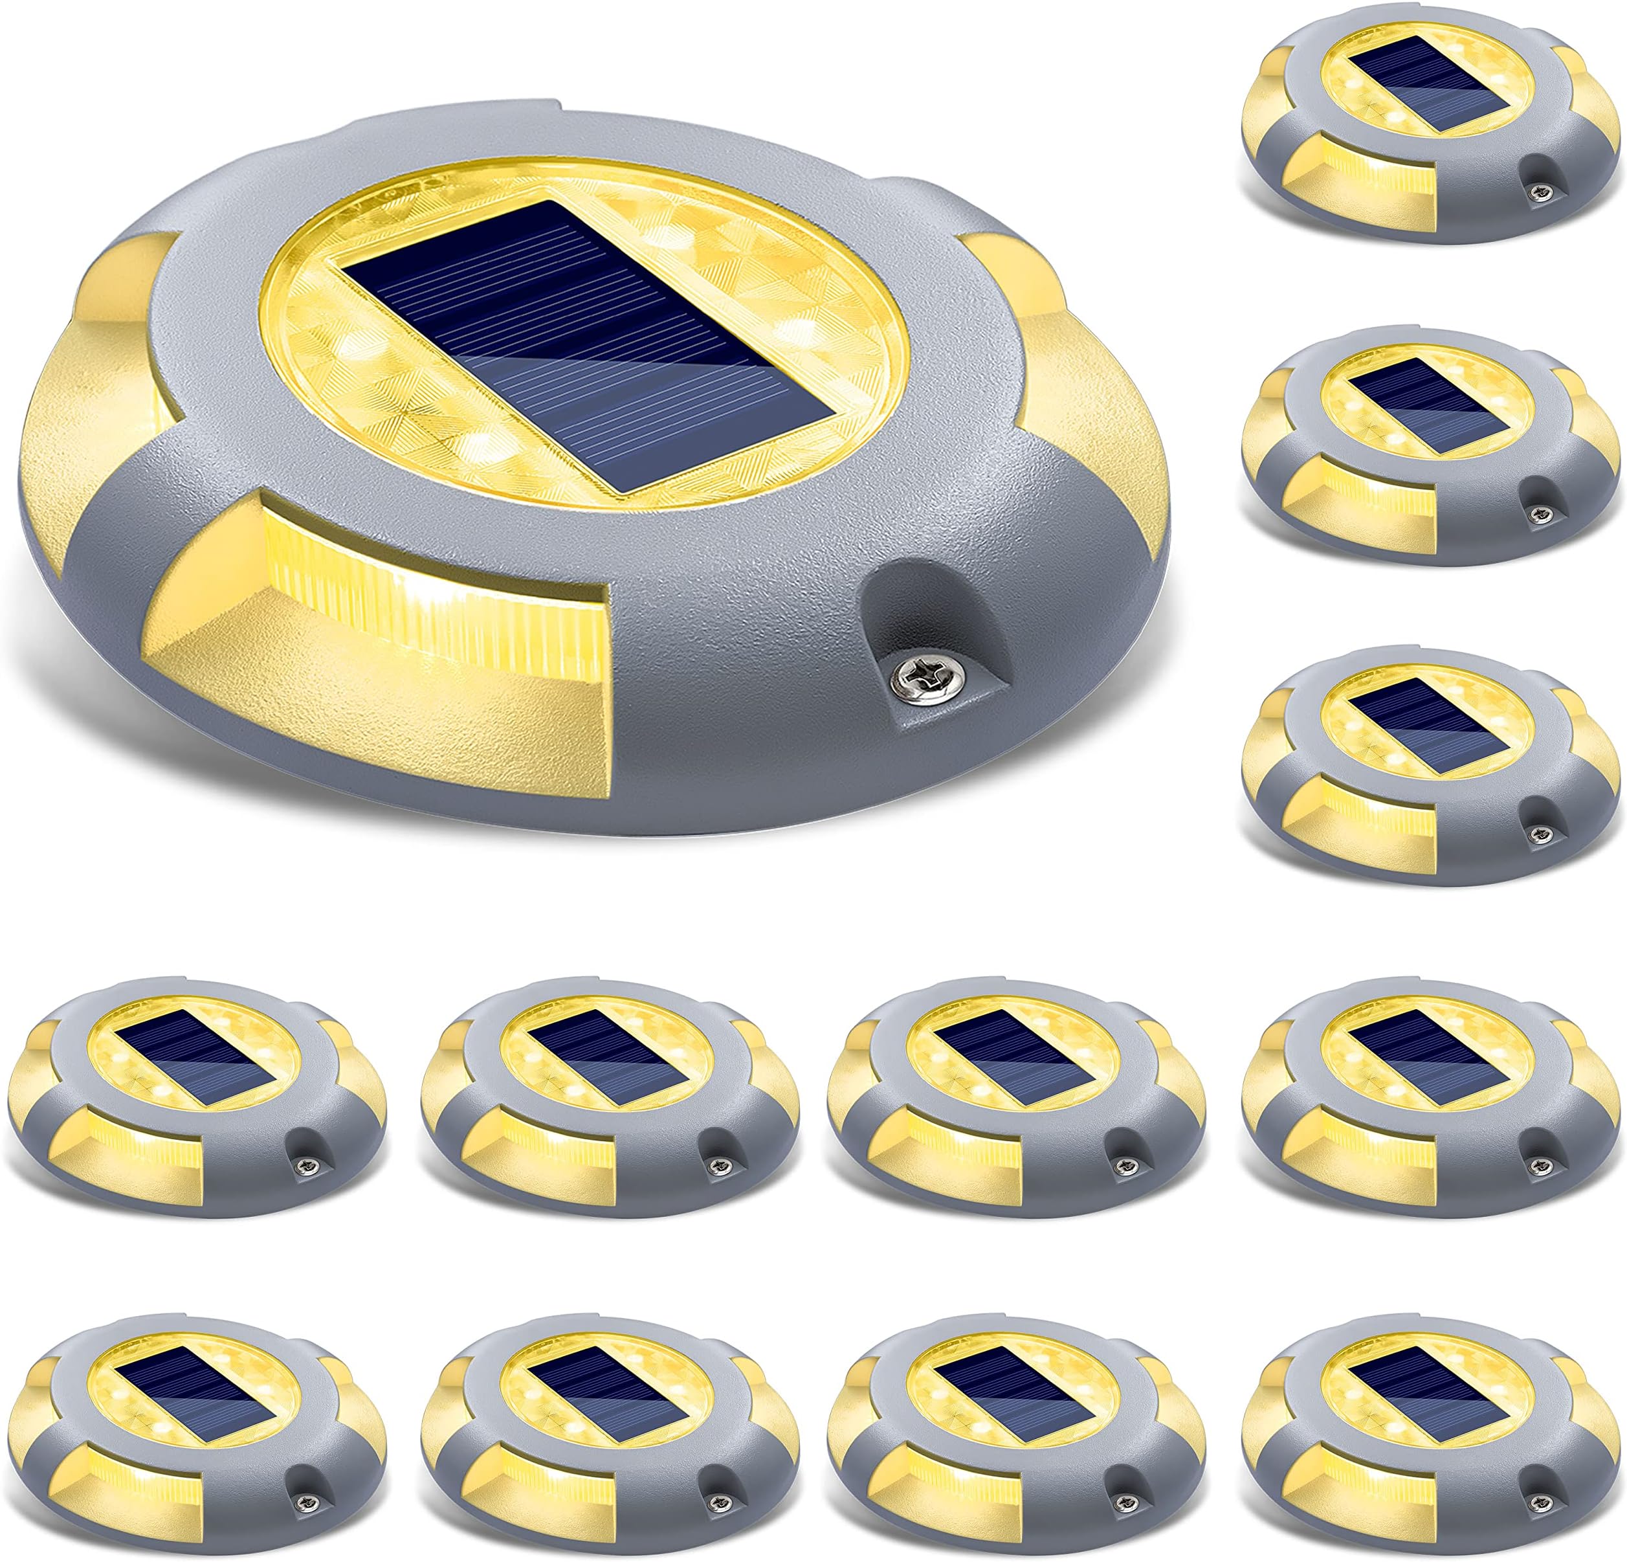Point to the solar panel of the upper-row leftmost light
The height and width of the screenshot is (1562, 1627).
click(x=196, y=1060)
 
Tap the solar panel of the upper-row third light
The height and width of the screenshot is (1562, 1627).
click(x=1016, y=1060)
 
